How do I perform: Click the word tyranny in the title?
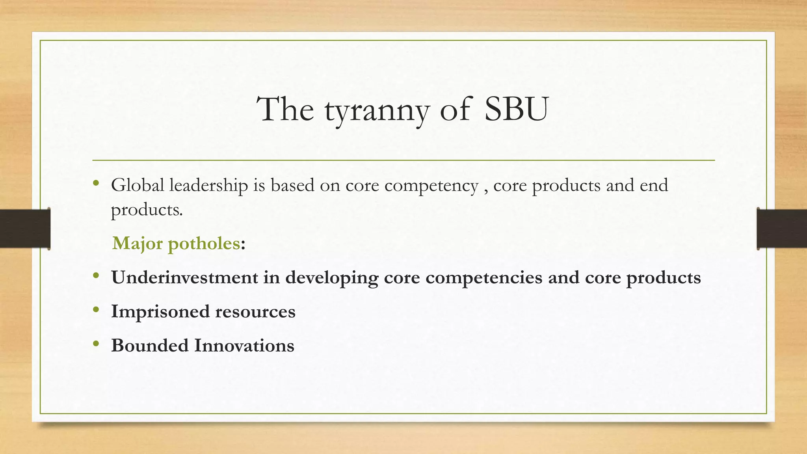pyautogui.click(x=376, y=110)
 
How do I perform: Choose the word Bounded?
pyautogui.click(x=150, y=346)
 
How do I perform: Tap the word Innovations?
pyautogui.click(x=244, y=346)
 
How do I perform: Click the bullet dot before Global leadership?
pyautogui.click(x=96, y=183)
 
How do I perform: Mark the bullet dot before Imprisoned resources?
pyautogui.click(x=96, y=310)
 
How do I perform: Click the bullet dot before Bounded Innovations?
pyautogui.click(x=96, y=344)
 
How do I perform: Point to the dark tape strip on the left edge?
pyautogui.click(x=25, y=229)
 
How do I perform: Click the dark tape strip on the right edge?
pyautogui.click(x=782, y=229)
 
